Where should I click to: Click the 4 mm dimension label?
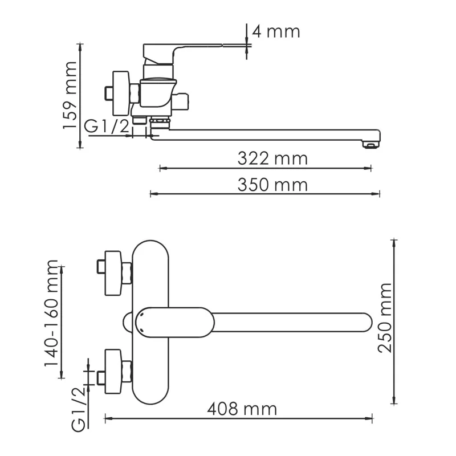click(276, 31)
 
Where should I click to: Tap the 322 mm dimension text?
click(272, 158)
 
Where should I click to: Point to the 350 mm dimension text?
click(272, 185)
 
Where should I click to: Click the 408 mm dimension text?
click(242, 409)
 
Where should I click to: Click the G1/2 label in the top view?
click(107, 127)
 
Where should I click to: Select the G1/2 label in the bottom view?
click(78, 408)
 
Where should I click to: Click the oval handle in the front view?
click(174, 322)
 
